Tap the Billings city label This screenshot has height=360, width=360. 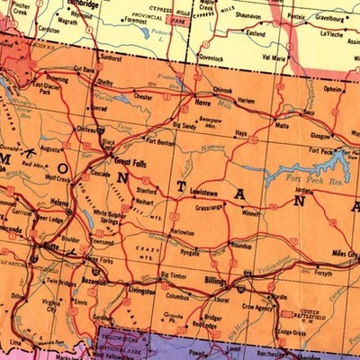(217, 281)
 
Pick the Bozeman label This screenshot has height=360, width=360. (93, 282)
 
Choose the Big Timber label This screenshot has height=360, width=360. (174, 275)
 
